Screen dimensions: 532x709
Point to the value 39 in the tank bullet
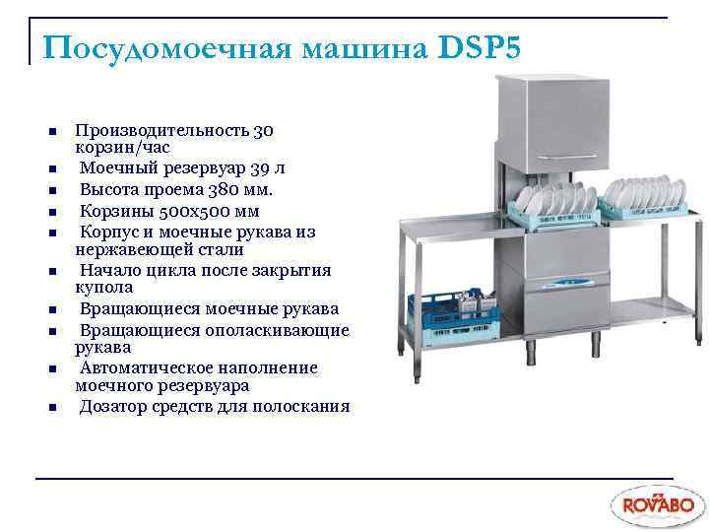click(x=258, y=169)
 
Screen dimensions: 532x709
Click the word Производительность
click(x=162, y=130)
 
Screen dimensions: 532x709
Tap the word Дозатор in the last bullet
click(x=115, y=406)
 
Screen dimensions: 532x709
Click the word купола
click(x=102, y=288)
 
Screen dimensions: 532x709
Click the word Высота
click(x=108, y=190)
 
